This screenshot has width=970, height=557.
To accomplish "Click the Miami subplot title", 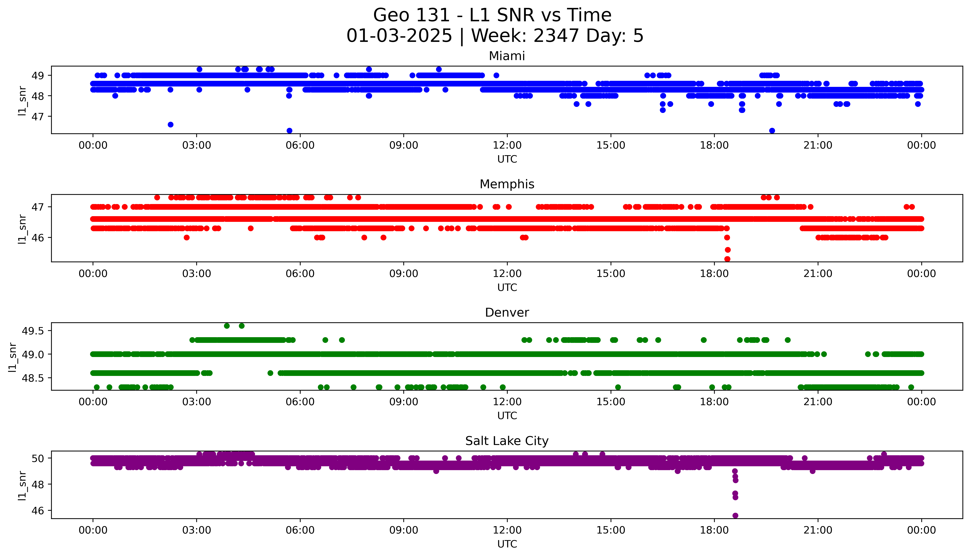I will click(507, 56).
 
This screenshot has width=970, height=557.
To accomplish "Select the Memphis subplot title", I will click(507, 184).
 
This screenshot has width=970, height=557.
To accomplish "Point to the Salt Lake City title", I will click(507, 441).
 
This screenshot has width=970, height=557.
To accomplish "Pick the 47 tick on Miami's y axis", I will click(37, 116).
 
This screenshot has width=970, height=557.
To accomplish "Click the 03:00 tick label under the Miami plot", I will click(197, 145).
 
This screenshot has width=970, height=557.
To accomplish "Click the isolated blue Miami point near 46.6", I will click(171, 125).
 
